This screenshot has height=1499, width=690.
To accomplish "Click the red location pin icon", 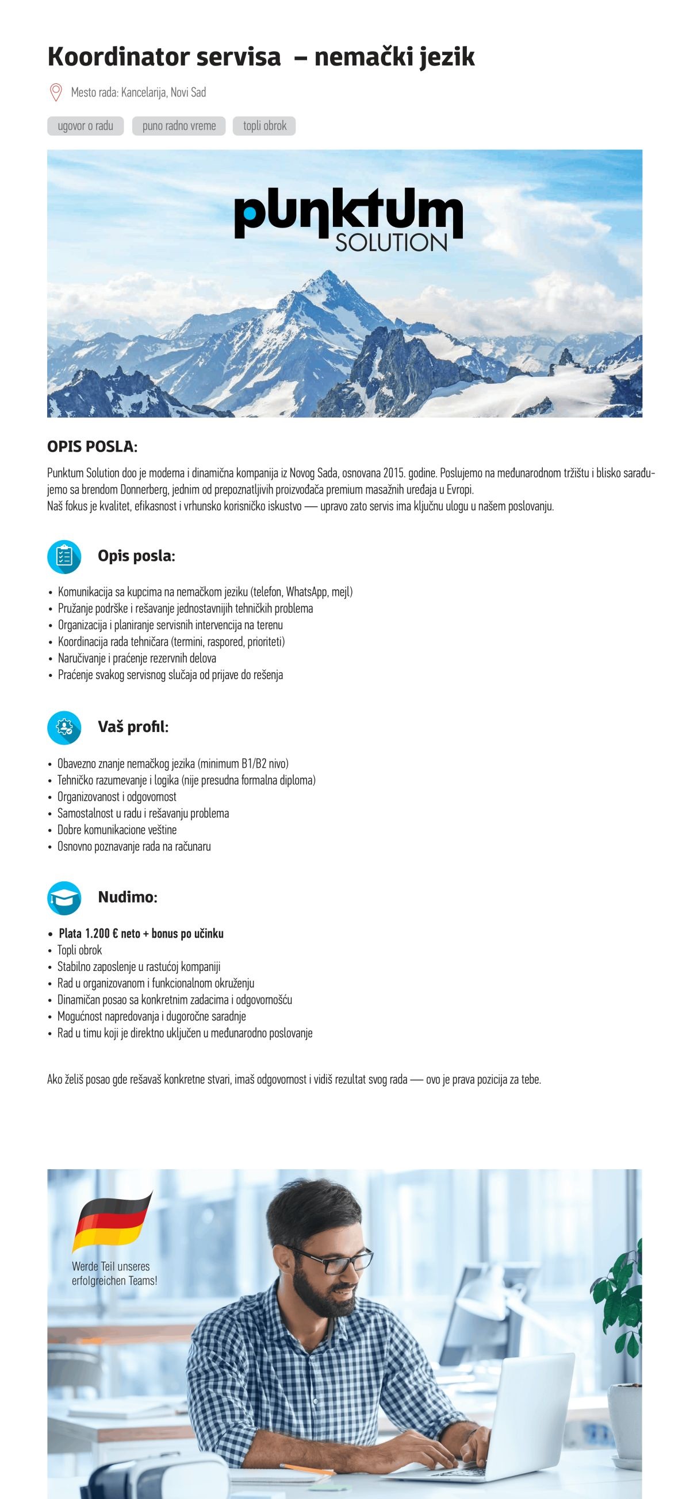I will click(x=56, y=92).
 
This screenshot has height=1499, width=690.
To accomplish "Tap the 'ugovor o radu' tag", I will click(x=86, y=126).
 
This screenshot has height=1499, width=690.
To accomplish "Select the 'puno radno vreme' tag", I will click(x=179, y=126).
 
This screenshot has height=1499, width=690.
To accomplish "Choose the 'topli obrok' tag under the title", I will click(x=264, y=126).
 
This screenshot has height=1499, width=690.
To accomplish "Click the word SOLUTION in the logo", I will click(x=390, y=242).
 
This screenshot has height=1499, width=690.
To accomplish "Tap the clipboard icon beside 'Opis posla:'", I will click(x=63, y=556).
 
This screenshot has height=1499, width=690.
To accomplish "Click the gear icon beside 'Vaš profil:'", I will click(x=63, y=727).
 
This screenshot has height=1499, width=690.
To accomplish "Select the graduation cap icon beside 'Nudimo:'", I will click(x=63, y=897).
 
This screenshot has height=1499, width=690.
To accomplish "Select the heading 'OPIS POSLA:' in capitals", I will click(x=92, y=447).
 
